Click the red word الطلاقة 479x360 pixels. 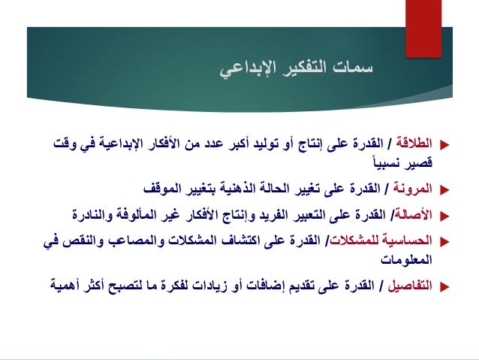click(416, 141)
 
